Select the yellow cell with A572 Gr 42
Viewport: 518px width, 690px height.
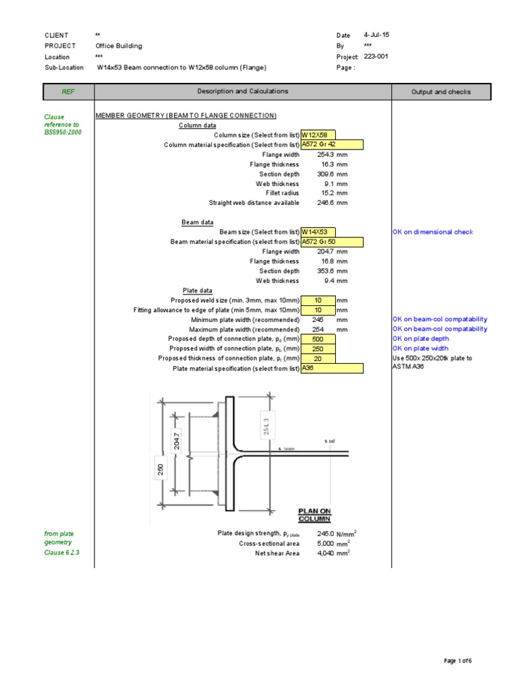[x=332, y=145]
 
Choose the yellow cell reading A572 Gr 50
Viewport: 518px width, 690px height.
[x=332, y=242]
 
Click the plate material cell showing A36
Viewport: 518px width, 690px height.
[x=332, y=369]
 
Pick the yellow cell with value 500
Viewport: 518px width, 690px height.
[x=318, y=339]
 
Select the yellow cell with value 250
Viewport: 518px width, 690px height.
[x=318, y=349]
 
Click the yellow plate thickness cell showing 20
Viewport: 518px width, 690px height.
[x=318, y=358]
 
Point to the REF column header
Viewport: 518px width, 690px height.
[x=68, y=92]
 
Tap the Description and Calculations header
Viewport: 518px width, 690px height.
[x=242, y=91]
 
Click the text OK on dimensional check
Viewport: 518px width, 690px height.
[x=433, y=232]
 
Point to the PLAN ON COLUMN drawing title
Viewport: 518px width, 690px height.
[x=314, y=515]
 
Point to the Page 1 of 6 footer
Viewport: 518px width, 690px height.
[x=457, y=661]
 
